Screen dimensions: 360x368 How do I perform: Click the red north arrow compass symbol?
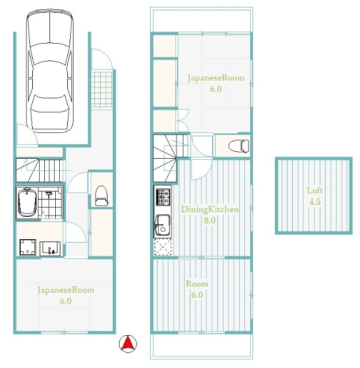pyautogui.click(x=128, y=344)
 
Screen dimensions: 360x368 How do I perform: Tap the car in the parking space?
pyautogui.click(x=49, y=70)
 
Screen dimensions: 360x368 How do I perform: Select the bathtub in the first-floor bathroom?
pyautogui.click(x=28, y=203)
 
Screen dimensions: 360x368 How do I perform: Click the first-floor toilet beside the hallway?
pyautogui.click(x=102, y=196)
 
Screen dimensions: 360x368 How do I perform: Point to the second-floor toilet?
pyautogui.click(x=239, y=145)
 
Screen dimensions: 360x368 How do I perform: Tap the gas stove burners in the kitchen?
pyautogui.click(x=163, y=197)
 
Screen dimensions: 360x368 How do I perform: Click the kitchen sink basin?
pyautogui.click(x=162, y=225)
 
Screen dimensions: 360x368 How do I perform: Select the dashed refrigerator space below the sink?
pyautogui.click(x=163, y=247)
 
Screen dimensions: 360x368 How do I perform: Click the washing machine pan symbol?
pyautogui.click(x=28, y=247)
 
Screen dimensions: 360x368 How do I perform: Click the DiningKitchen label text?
pyautogui.click(x=210, y=209)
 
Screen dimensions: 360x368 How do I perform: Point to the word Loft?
pyautogui.click(x=315, y=190)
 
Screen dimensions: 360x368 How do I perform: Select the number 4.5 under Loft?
pyautogui.click(x=315, y=202)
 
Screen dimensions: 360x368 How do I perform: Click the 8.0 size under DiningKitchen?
pyautogui.click(x=209, y=220)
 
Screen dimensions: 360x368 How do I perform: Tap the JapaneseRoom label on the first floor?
pyautogui.click(x=66, y=290)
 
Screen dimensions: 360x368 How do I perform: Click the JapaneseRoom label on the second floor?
pyautogui.click(x=216, y=78)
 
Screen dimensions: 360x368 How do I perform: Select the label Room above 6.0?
pyautogui.click(x=197, y=283)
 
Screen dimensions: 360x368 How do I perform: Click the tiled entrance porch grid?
pyautogui.click(x=102, y=89)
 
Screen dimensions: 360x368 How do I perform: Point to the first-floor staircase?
pyautogui.click(x=40, y=170)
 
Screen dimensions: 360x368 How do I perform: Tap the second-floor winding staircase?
pyautogui.click(x=171, y=158)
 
